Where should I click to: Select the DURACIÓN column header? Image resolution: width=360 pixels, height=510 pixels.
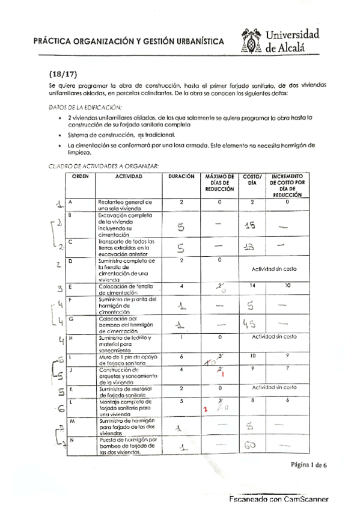click(181, 176)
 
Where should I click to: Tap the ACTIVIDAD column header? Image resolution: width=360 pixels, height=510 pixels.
click(129, 176)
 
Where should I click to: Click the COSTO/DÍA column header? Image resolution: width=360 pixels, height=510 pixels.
click(251, 180)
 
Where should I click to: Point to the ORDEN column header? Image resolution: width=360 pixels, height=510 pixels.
click(81, 176)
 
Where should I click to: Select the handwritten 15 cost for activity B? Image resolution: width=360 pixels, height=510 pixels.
click(252, 225)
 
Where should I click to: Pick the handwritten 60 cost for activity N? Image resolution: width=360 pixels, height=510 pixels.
click(251, 446)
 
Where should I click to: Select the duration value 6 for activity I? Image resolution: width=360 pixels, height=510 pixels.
click(181, 356)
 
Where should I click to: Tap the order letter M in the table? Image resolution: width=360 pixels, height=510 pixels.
click(72, 422)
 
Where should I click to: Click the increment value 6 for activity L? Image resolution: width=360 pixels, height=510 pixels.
click(287, 399)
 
